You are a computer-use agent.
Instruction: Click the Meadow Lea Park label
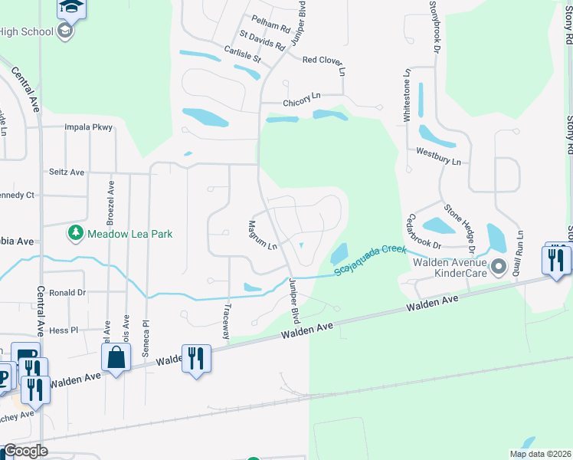(129, 233)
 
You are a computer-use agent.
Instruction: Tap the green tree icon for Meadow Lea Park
(75, 232)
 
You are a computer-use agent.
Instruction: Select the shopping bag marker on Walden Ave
(116, 357)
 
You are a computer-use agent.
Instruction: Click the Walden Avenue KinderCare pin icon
(499, 267)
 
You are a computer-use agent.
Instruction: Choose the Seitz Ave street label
(67, 172)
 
